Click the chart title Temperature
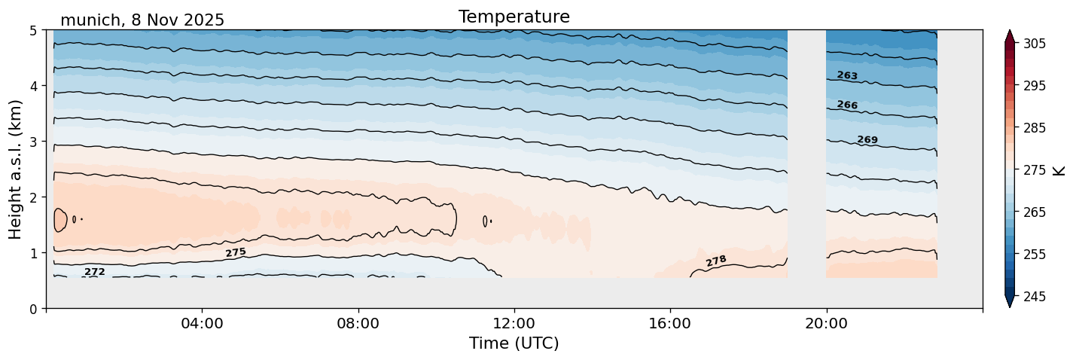[514, 17]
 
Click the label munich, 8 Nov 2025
[142, 20]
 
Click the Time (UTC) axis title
[514, 343]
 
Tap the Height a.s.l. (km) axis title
[16, 169]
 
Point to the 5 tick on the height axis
[33, 30]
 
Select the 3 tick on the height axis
[33, 142]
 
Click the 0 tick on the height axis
[33, 309]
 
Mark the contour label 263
[847, 75]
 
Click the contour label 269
[867, 139]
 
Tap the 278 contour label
[716, 261]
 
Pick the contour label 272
[95, 272]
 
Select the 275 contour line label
[236, 252]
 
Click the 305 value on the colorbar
[1032, 44]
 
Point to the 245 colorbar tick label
[1032, 297]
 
